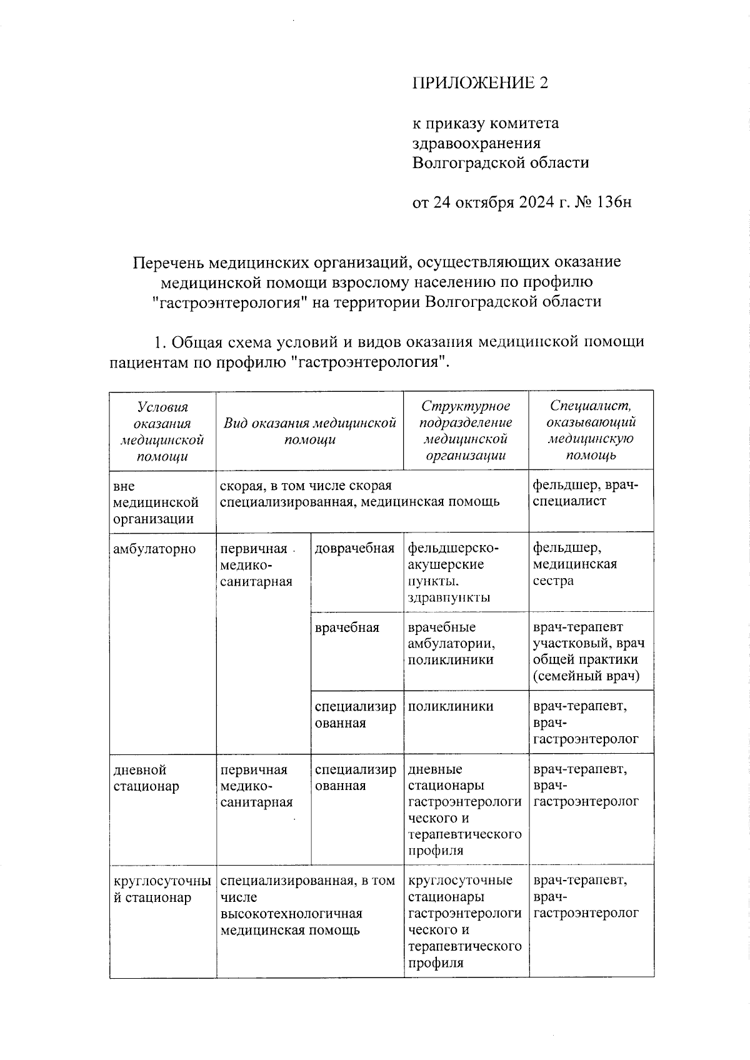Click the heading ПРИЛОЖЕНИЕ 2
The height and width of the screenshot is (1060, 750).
(x=479, y=83)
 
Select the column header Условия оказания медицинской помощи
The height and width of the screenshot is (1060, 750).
(x=162, y=431)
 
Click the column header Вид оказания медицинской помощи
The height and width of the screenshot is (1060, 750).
(x=310, y=431)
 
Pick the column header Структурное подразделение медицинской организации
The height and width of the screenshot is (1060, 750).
(x=466, y=431)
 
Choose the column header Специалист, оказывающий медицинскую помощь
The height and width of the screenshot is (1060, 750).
(x=591, y=431)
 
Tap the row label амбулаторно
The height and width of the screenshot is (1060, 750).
(x=154, y=549)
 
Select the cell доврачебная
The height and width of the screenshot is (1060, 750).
(x=354, y=549)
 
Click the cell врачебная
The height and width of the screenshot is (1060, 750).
(x=347, y=627)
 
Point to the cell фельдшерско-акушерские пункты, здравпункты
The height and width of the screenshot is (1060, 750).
(x=454, y=572)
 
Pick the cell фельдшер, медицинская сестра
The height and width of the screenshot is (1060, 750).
(x=575, y=564)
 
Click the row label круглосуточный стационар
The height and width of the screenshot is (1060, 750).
(x=161, y=889)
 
